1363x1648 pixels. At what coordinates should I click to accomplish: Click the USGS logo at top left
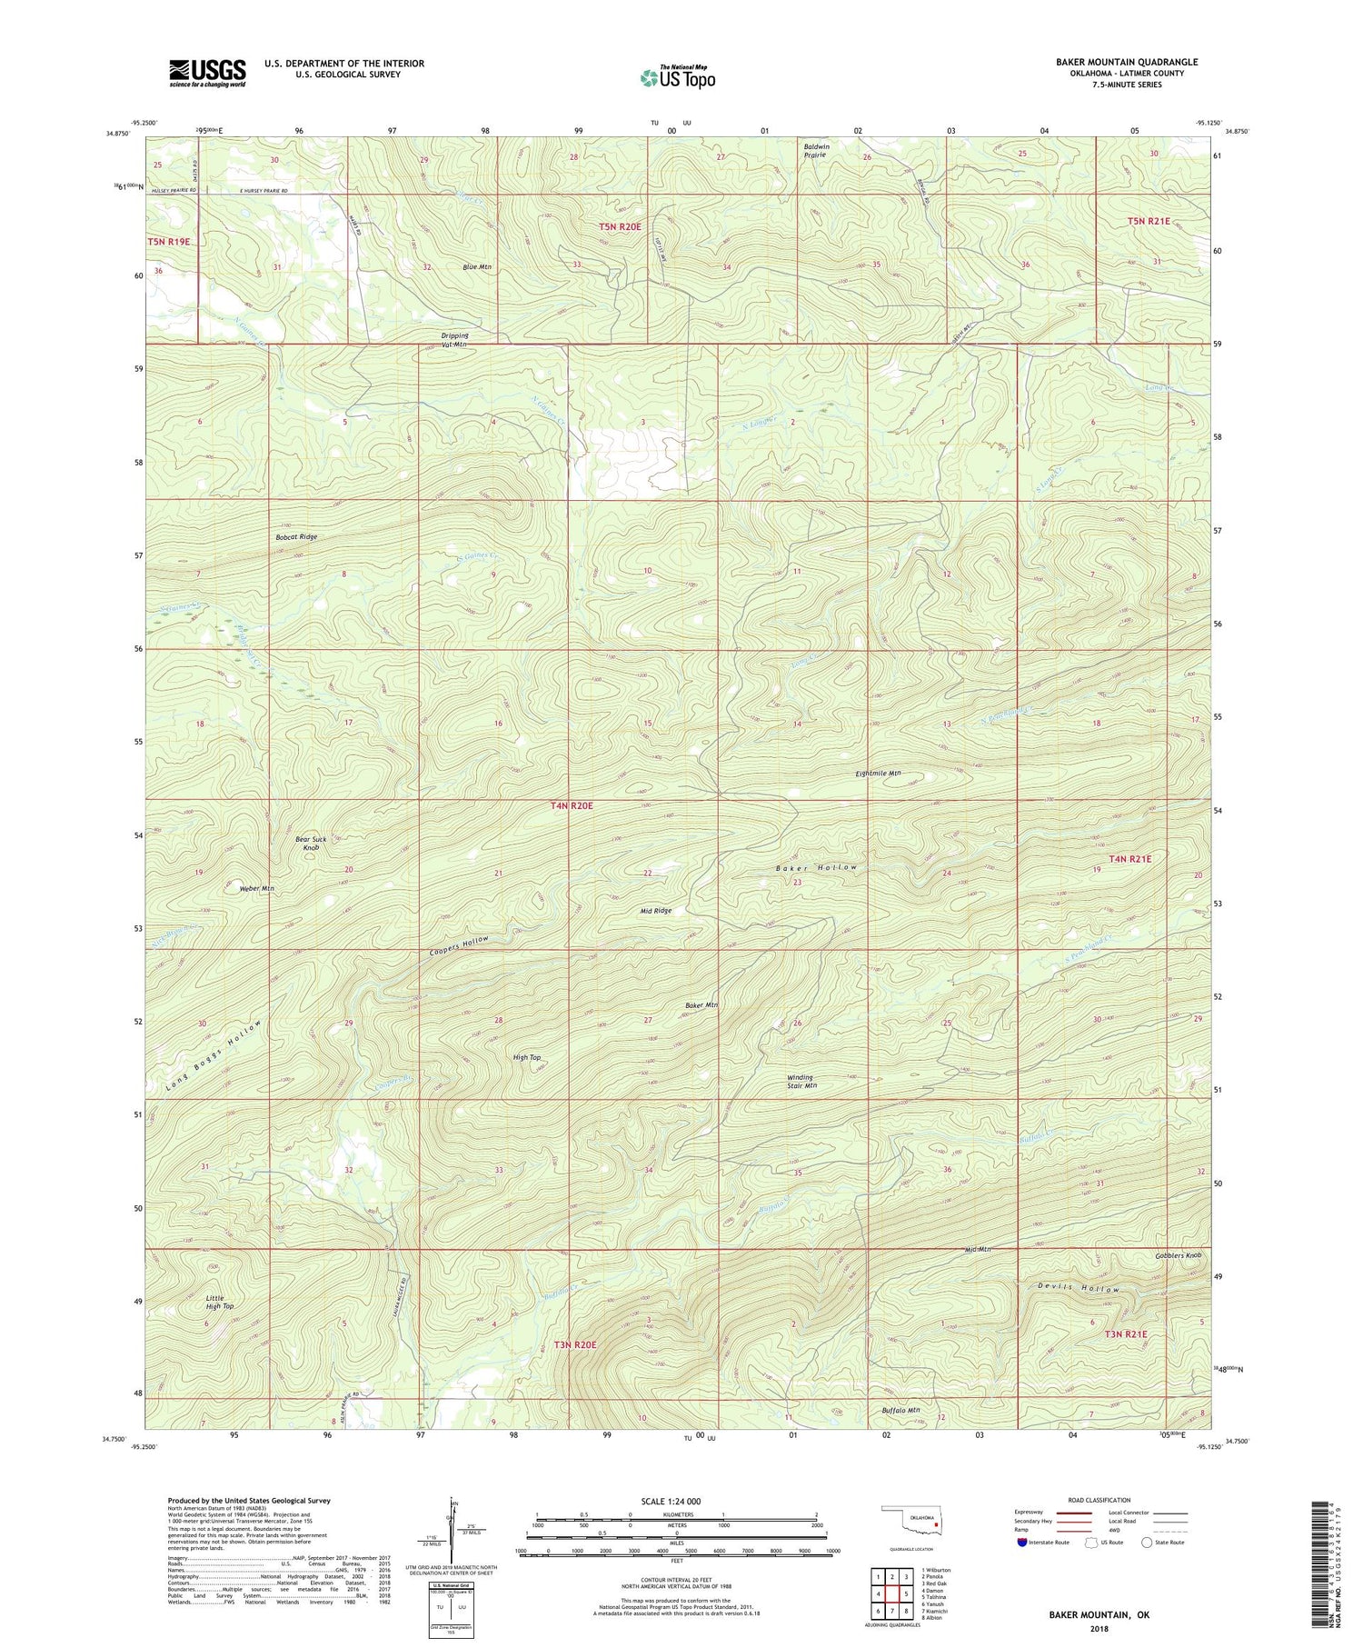[207, 73]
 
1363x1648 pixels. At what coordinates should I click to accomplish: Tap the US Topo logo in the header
[677, 77]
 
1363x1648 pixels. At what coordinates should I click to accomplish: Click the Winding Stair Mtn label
[801, 1082]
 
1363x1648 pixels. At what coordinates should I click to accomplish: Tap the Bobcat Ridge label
[296, 537]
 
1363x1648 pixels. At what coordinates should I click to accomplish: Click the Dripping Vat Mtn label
[454, 340]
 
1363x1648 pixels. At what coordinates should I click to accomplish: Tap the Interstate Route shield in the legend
[1024, 1543]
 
